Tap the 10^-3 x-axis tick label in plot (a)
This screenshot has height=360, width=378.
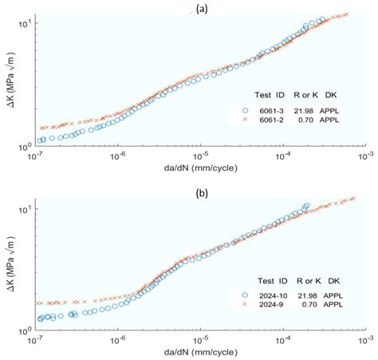[x=364, y=156]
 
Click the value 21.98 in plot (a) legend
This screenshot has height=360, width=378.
[x=307, y=109]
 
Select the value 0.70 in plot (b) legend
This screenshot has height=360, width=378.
[x=308, y=304]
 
